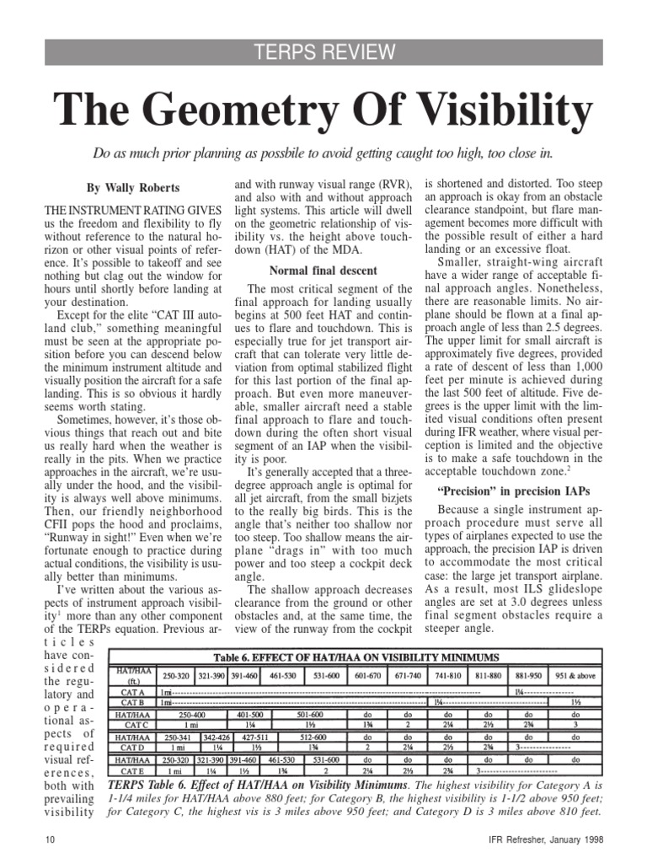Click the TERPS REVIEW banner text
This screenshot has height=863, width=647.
(323, 53)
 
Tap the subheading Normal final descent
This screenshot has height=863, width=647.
(323, 271)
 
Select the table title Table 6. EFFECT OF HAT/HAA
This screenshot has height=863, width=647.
(357, 657)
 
